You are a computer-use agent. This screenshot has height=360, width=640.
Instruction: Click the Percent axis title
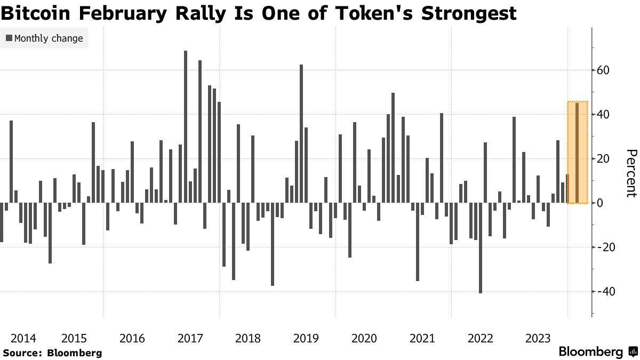click(x=631, y=173)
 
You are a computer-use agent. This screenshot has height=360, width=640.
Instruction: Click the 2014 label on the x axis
click(x=23, y=338)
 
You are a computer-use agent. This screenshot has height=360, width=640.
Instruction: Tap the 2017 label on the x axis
click(x=190, y=338)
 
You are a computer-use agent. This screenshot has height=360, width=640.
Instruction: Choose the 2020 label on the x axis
click(x=365, y=338)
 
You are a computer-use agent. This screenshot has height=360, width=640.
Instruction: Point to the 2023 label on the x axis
click(x=538, y=338)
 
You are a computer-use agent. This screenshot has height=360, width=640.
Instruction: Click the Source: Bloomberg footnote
click(x=52, y=353)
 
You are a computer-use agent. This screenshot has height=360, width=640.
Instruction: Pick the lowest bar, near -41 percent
click(x=481, y=248)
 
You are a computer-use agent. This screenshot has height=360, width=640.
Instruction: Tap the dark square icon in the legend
click(x=9, y=38)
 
